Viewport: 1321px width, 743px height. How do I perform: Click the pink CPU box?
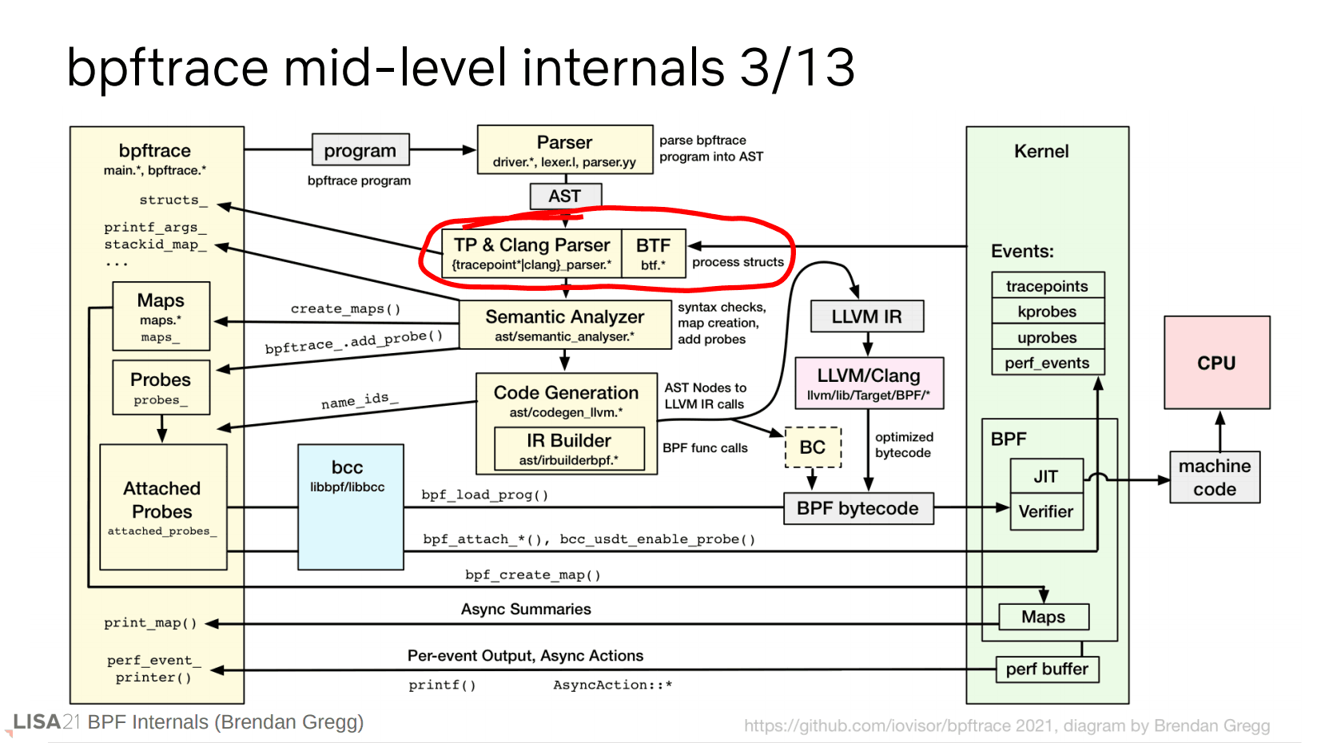[1216, 363]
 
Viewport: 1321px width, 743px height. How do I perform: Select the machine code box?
[1215, 477]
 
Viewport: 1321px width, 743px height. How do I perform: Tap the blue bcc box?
[350, 507]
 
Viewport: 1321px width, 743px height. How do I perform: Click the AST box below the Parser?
[565, 196]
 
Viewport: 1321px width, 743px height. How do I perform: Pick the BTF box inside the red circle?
[653, 253]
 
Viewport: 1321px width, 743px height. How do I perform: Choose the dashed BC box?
[813, 447]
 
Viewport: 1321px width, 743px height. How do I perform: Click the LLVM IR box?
[866, 316]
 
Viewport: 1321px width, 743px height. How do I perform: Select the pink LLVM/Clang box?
[869, 383]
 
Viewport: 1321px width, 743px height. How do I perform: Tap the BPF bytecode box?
[858, 508]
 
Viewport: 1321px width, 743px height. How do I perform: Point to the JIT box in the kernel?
[1046, 476]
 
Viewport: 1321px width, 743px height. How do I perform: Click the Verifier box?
[1046, 511]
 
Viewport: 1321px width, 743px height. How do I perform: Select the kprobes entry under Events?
[1047, 312]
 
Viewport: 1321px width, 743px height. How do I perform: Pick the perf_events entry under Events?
[1047, 363]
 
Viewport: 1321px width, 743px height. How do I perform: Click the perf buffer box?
[1047, 669]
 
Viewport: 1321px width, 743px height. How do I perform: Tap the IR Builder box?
[569, 448]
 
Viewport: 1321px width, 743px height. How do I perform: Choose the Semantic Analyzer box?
[565, 324]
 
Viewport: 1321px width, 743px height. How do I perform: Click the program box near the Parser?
[360, 150]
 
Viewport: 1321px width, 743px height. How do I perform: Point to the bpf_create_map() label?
[533, 574]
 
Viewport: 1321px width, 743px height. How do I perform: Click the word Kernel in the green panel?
[1041, 151]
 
